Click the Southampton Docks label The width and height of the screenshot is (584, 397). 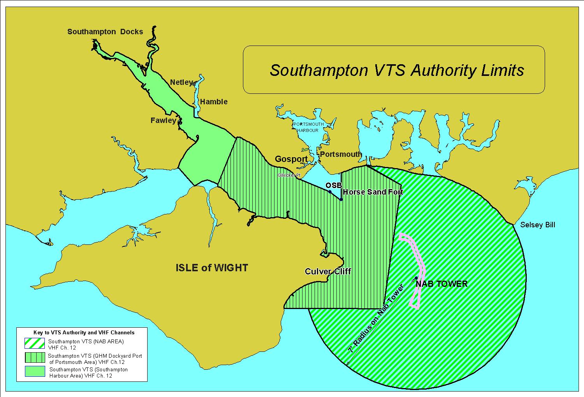click(x=105, y=32)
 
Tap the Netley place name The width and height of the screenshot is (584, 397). click(x=181, y=82)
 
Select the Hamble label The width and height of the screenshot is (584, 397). click(x=213, y=102)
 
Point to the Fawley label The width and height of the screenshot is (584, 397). click(x=163, y=121)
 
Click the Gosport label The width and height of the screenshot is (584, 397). click(x=291, y=159)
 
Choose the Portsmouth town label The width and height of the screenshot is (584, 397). click(x=341, y=154)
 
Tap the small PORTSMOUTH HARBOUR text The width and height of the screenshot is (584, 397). click(x=308, y=127)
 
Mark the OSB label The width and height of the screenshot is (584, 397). click(x=334, y=186)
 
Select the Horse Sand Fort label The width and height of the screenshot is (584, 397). click(x=373, y=192)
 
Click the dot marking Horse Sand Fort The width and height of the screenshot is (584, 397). click(x=341, y=200)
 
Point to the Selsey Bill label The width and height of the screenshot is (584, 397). click(x=538, y=225)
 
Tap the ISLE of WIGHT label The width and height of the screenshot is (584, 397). click(x=212, y=268)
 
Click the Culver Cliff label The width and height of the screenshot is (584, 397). click(x=328, y=271)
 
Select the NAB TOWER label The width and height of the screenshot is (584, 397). click(x=442, y=284)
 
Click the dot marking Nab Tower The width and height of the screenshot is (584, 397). click(x=416, y=278)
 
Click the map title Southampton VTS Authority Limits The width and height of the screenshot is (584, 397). click(x=397, y=70)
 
